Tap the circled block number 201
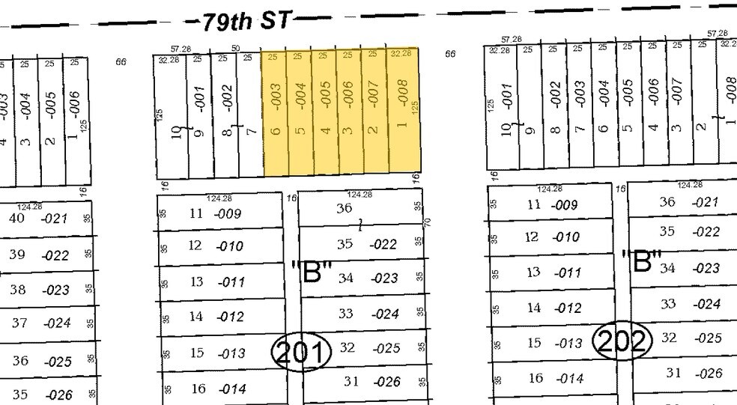click(300, 350)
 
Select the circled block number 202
click(622, 340)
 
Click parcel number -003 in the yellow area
click(275, 97)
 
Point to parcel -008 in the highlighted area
click(402, 94)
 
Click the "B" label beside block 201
click(309, 270)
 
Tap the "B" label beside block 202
click(642, 262)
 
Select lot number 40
click(16, 218)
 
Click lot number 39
click(16, 255)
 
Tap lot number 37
click(19, 323)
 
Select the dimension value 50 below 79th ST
click(235, 49)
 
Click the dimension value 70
click(423, 222)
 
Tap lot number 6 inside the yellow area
click(275, 131)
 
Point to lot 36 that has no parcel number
click(344, 208)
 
